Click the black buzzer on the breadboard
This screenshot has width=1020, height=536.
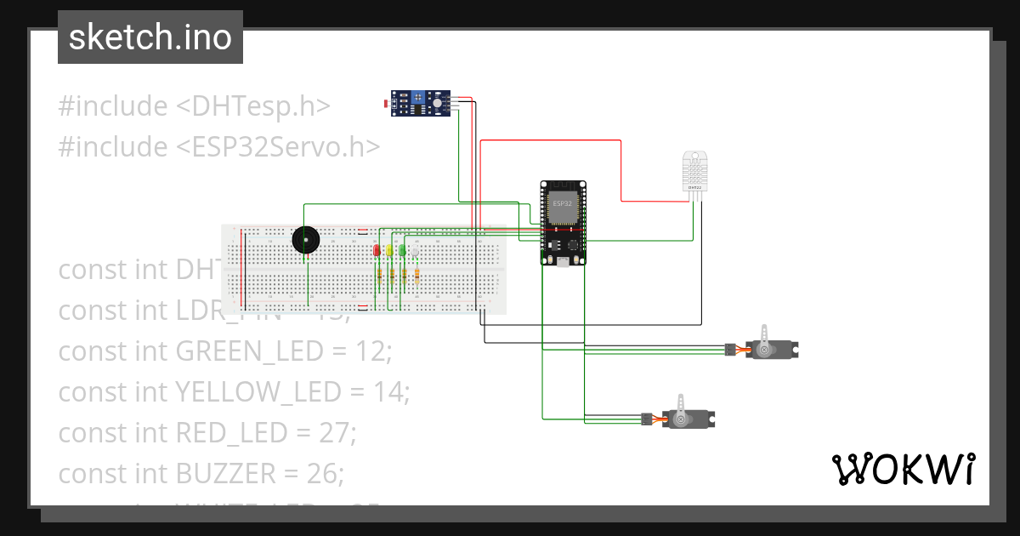click(304, 241)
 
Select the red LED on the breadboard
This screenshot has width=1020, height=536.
click(376, 250)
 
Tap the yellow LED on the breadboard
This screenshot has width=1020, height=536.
click(389, 250)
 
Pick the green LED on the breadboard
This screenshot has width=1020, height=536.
click(402, 250)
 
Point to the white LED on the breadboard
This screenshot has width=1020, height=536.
click(415, 250)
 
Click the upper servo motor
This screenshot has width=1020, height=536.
click(770, 348)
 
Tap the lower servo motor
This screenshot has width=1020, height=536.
click(687, 418)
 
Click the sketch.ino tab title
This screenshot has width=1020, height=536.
click(150, 37)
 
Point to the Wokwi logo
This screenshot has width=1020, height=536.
click(902, 469)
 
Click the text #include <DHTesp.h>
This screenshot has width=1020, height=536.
click(194, 106)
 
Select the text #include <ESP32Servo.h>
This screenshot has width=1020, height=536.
click(218, 147)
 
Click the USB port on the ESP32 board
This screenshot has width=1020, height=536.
click(564, 260)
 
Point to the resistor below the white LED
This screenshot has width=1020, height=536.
click(416, 274)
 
